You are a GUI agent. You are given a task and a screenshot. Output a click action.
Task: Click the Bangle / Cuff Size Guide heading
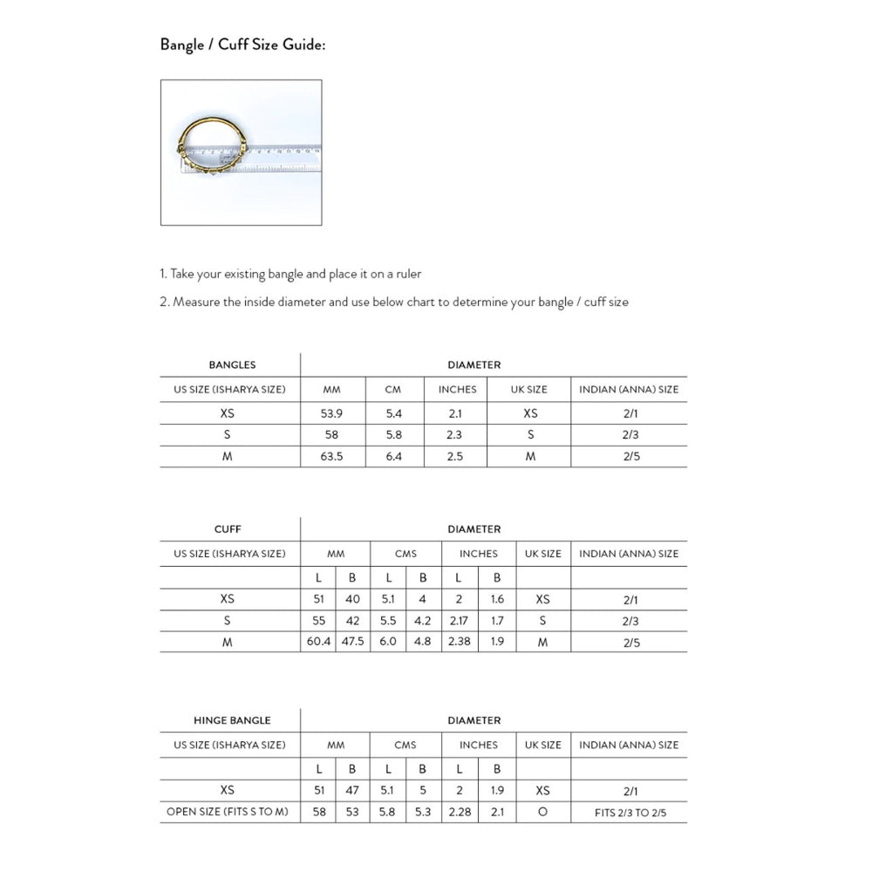pyautogui.click(x=242, y=44)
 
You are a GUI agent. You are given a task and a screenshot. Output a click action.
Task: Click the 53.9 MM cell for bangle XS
pyautogui.click(x=331, y=413)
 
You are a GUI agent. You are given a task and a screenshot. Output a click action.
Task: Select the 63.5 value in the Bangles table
pyautogui.click(x=331, y=456)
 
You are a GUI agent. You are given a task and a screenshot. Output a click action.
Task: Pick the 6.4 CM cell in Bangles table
pyautogui.click(x=393, y=456)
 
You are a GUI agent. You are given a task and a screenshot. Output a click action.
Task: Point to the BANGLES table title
pyautogui.click(x=232, y=364)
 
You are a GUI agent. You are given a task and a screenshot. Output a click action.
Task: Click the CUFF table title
pyautogui.click(x=228, y=528)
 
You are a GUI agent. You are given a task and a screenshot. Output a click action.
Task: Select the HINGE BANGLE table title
pyautogui.click(x=232, y=720)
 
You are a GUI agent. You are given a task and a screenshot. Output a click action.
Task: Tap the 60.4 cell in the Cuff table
pyautogui.click(x=318, y=643)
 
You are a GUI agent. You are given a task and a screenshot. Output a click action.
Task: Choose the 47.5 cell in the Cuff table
pyautogui.click(x=352, y=643)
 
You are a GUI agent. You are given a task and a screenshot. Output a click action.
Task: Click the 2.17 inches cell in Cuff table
pyautogui.click(x=459, y=621)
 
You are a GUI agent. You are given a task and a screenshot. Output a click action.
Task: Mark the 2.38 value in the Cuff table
pyautogui.click(x=459, y=643)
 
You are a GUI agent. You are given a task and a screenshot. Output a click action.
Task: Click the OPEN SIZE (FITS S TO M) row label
pyautogui.click(x=228, y=813)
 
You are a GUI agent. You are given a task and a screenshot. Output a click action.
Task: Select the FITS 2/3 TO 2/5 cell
pyautogui.click(x=629, y=813)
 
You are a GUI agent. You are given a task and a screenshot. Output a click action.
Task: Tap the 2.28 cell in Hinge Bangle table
pyautogui.click(x=459, y=813)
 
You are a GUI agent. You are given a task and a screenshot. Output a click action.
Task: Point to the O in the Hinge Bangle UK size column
pyautogui.click(x=542, y=813)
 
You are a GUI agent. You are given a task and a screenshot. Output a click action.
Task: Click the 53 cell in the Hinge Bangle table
pyautogui.click(x=352, y=813)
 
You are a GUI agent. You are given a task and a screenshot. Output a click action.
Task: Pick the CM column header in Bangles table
pyautogui.click(x=393, y=389)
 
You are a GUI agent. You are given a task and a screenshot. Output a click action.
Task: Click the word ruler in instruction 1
pyautogui.click(x=406, y=274)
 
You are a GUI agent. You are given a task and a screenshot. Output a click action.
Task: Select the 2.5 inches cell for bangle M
pyautogui.click(x=454, y=456)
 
